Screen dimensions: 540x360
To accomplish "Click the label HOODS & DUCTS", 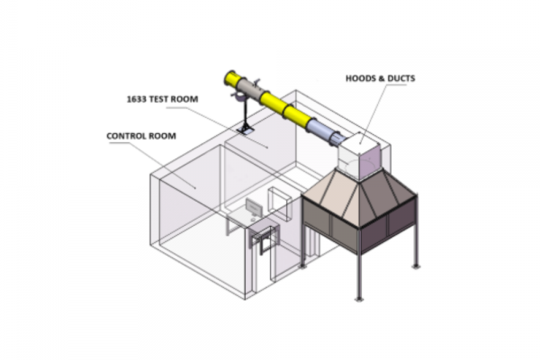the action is (x=380, y=78).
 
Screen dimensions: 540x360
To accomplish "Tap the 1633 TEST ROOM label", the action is (x=163, y=99).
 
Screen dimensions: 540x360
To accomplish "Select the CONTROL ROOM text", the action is (x=141, y=136).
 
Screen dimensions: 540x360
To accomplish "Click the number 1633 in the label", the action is (x=136, y=99).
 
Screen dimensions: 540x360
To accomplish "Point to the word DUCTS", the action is (x=401, y=78).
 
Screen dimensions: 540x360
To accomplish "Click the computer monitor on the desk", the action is (x=254, y=208).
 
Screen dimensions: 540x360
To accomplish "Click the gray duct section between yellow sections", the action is (x=249, y=90).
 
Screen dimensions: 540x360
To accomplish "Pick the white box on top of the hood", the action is (x=360, y=157).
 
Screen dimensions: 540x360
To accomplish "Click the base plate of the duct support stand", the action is (x=245, y=130).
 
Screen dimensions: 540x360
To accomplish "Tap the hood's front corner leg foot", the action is (x=359, y=298).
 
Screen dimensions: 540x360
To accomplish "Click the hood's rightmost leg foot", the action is (x=416, y=266).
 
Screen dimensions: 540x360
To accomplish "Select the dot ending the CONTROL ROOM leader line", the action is (x=195, y=188).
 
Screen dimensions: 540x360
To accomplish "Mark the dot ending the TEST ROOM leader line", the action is (x=267, y=148).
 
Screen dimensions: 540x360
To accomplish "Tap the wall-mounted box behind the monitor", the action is (x=280, y=203).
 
